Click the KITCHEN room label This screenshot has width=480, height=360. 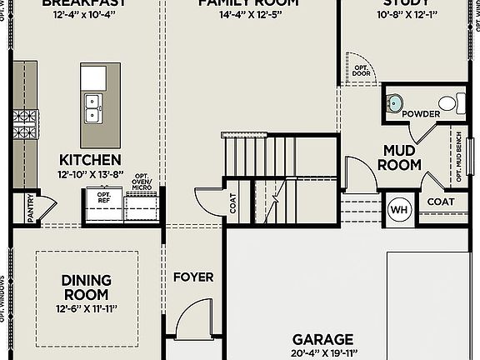pos(90,159)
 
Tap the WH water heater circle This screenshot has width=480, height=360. pos(398,208)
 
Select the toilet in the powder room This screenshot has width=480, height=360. pos(447,104)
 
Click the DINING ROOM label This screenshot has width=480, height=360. pos(86,287)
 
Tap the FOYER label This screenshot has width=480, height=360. pos(192,277)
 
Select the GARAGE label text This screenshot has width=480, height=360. pos(322,339)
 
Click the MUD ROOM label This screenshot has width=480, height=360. pos(400,157)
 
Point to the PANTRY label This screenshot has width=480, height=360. pos(31,209)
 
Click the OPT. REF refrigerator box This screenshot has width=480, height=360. pos(103,198)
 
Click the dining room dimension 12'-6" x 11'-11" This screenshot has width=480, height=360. pos(86,309)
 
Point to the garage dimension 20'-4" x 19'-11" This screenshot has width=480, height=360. pos(322,353)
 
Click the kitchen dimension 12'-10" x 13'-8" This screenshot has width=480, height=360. pos(90,175)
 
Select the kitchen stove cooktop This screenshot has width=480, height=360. pos(23,124)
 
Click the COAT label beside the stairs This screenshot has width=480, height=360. pos(233,203)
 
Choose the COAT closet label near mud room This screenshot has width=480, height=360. pos(441,201)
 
